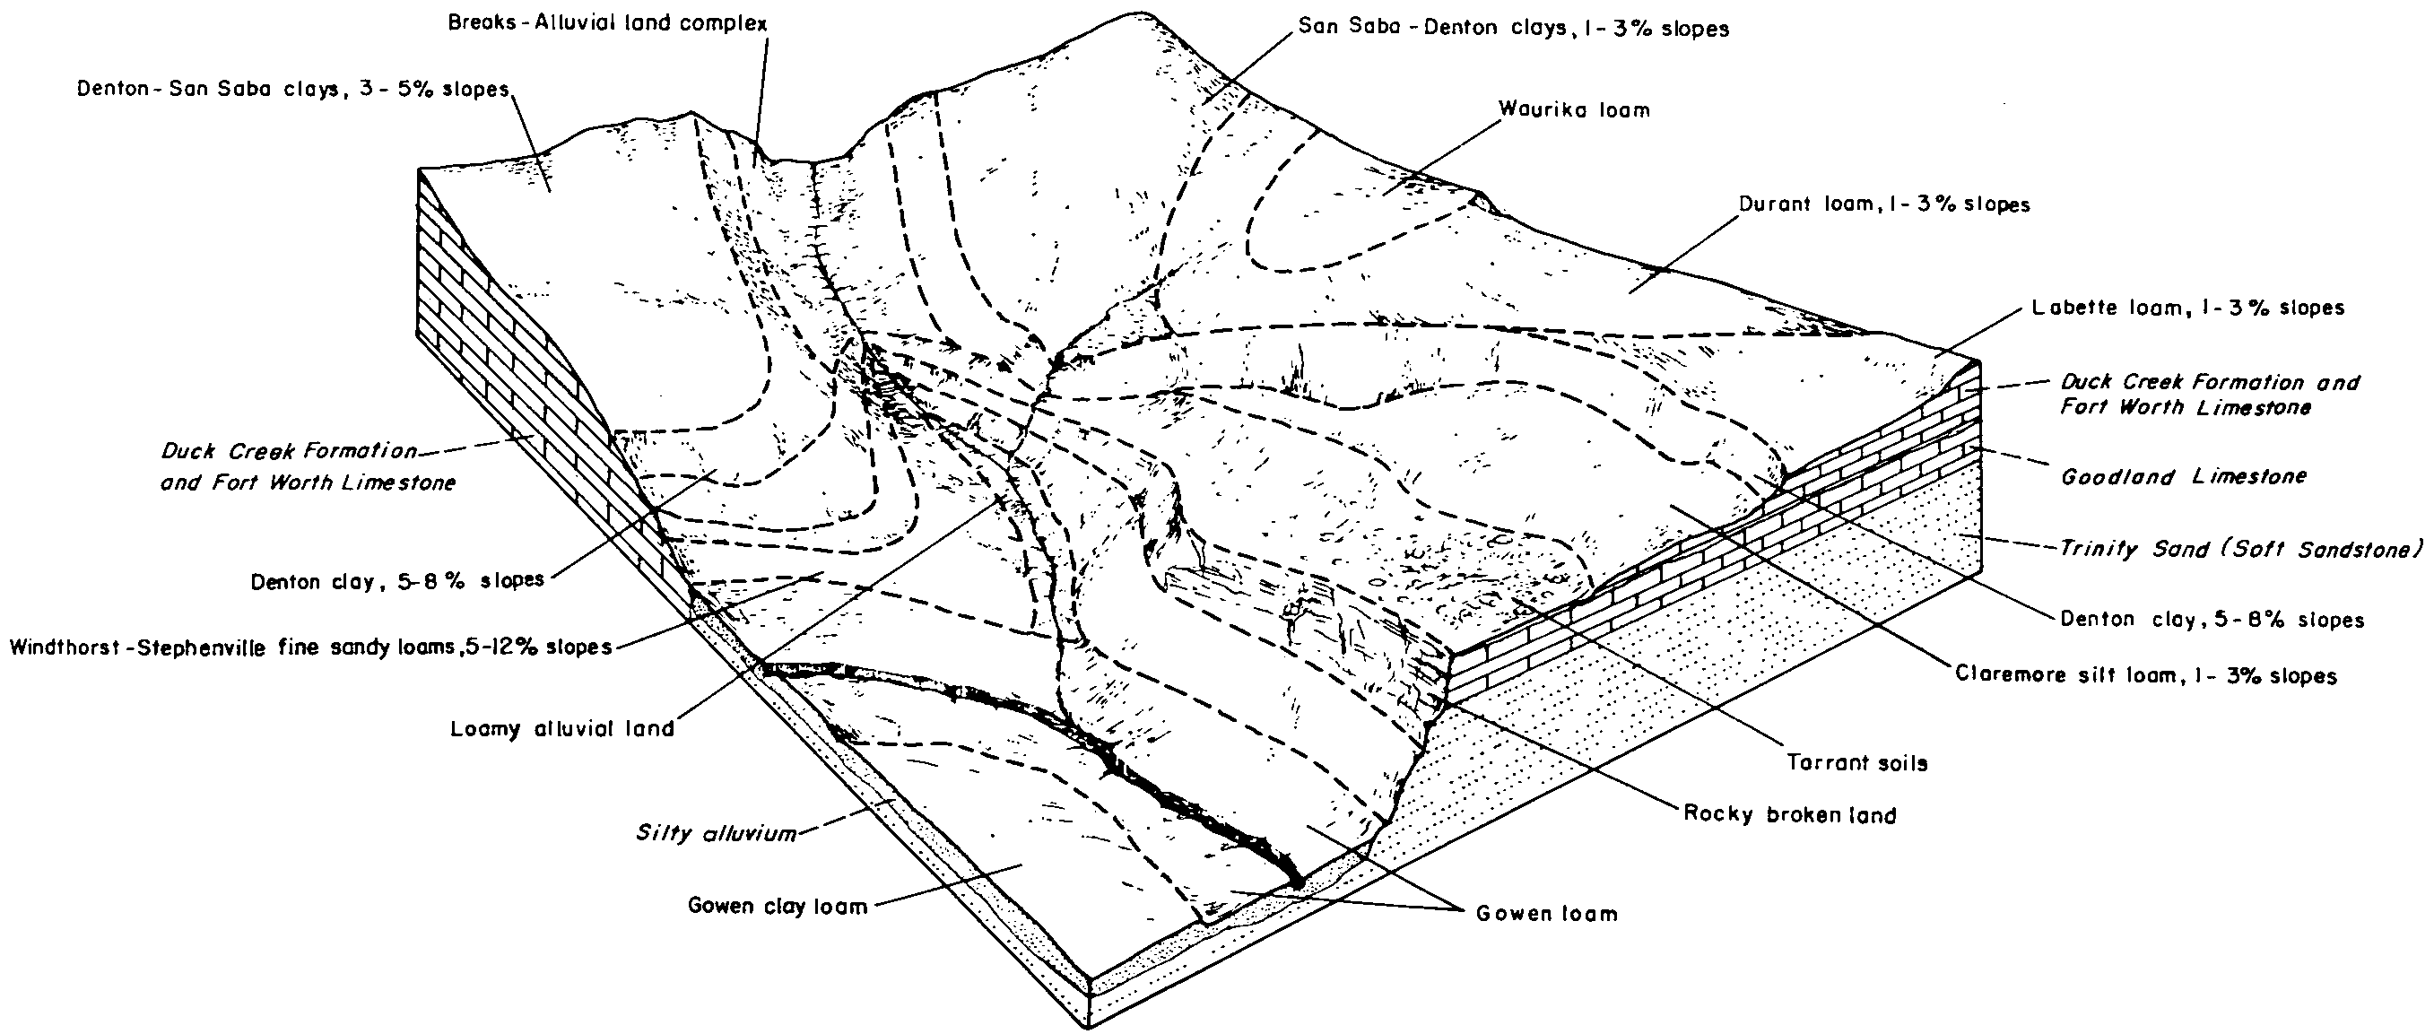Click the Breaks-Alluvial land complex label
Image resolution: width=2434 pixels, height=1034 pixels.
click(607, 22)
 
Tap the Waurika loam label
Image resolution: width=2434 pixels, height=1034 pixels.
click(1574, 109)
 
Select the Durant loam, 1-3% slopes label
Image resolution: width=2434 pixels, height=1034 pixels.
click(1884, 204)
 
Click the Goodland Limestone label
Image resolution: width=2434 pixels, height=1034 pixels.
click(2184, 476)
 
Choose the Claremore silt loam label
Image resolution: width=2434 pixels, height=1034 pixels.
click(2146, 676)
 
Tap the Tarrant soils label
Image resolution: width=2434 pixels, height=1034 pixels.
click(1856, 763)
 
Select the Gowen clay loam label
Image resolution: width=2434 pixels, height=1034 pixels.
click(778, 907)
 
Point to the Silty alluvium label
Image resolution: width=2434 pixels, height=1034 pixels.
click(716, 834)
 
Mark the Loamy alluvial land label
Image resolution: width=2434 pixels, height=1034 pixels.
click(563, 729)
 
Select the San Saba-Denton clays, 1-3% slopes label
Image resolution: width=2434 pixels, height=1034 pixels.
click(1514, 29)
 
